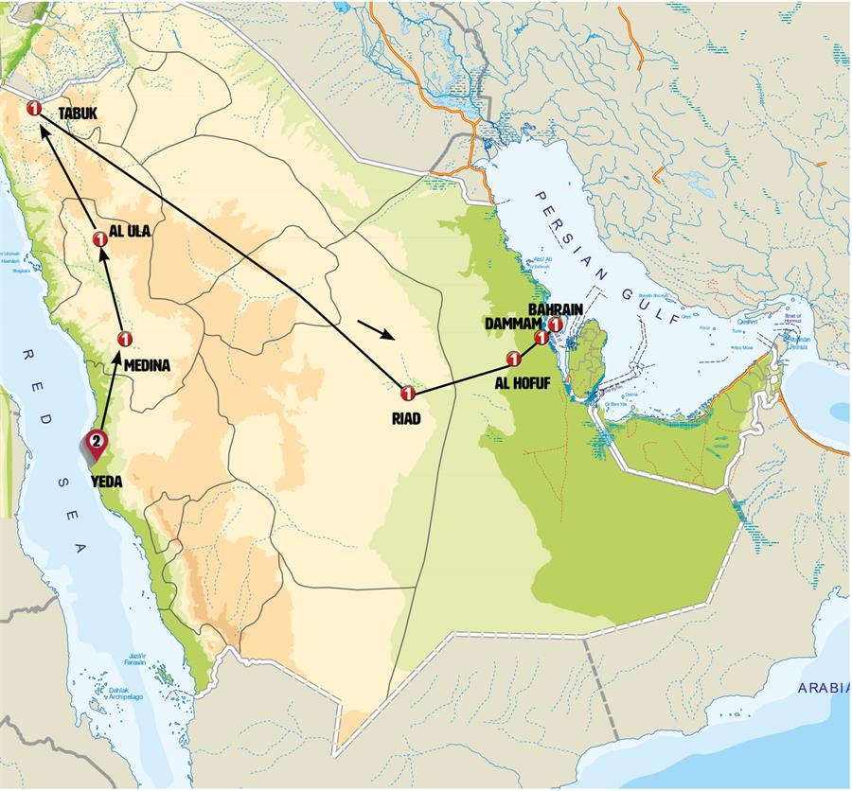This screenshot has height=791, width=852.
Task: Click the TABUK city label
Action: point(80,114)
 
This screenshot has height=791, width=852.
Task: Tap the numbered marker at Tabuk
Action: point(34,109)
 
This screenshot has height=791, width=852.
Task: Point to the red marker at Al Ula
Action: point(101,239)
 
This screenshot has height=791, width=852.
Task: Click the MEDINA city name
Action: point(147,365)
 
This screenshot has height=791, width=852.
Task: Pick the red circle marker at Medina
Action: point(124,339)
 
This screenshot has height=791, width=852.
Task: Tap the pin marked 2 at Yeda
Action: point(96,440)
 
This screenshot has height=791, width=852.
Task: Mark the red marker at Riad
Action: point(408,393)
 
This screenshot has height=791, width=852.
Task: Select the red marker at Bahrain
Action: point(556,325)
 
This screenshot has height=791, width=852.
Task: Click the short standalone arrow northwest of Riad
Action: point(377,332)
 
